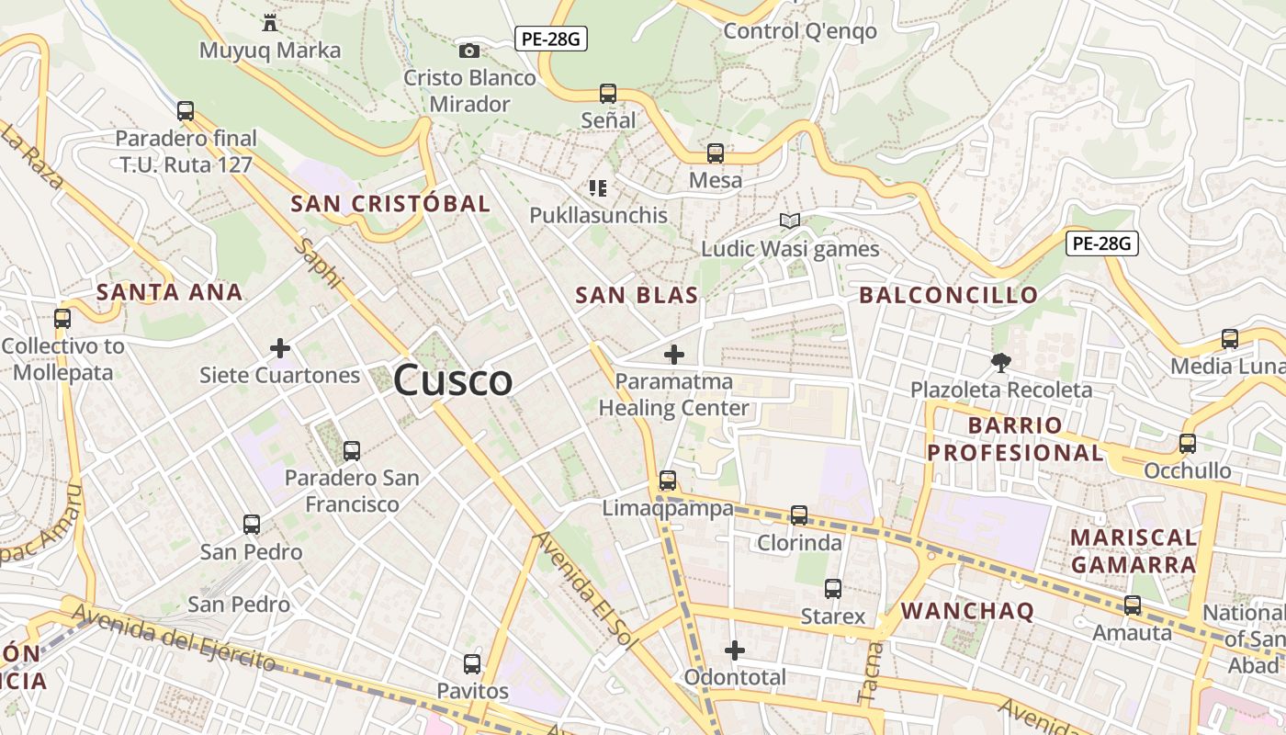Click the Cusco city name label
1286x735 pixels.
pyautogui.click(x=453, y=380)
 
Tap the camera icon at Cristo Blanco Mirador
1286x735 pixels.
pyautogui.click(x=469, y=51)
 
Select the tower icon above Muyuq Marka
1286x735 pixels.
pyautogui.click(x=270, y=22)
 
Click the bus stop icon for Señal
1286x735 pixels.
pyautogui.click(x=608, y=93)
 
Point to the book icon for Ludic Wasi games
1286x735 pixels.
pyautogui.click(x=790, y=220)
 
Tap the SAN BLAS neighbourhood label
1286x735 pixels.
pyautogui.click(x=637, y=295)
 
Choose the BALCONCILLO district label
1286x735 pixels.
pyautogui.click(x=949, y=295)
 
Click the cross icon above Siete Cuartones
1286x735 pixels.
pyautogui.click(x=280, y=348)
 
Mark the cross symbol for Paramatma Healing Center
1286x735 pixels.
pyautogui.click(x=674, y=354)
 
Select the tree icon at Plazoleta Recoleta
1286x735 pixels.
pyautogui.click(x=1001, y=362)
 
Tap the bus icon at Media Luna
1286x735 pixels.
pyautogui.click(x=1230, y=338)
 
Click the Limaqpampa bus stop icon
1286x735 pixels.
pyautogui.click(x=668, y=480)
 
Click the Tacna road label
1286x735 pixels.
pyautogui.click(x=870, y=673)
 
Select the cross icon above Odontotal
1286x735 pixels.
pyautogui.click(x=735, y=650)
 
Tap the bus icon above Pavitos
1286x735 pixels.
pyautogui.click(x=472, y=663)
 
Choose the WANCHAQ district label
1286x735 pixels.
pyautogui.click(x=967, y=611)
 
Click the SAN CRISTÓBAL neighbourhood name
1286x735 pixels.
pyautogui.click(x=390, y=204)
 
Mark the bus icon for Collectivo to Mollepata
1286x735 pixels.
pyautogui.click(x=62, y=319)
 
